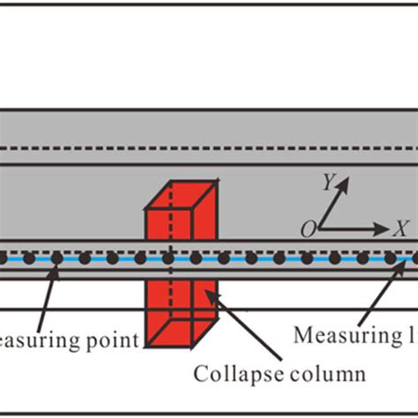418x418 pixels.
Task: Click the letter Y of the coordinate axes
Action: tap(327, 183)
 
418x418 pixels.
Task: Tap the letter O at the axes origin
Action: tap(308, 230)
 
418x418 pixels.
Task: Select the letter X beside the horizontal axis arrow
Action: tap(400, 228)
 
